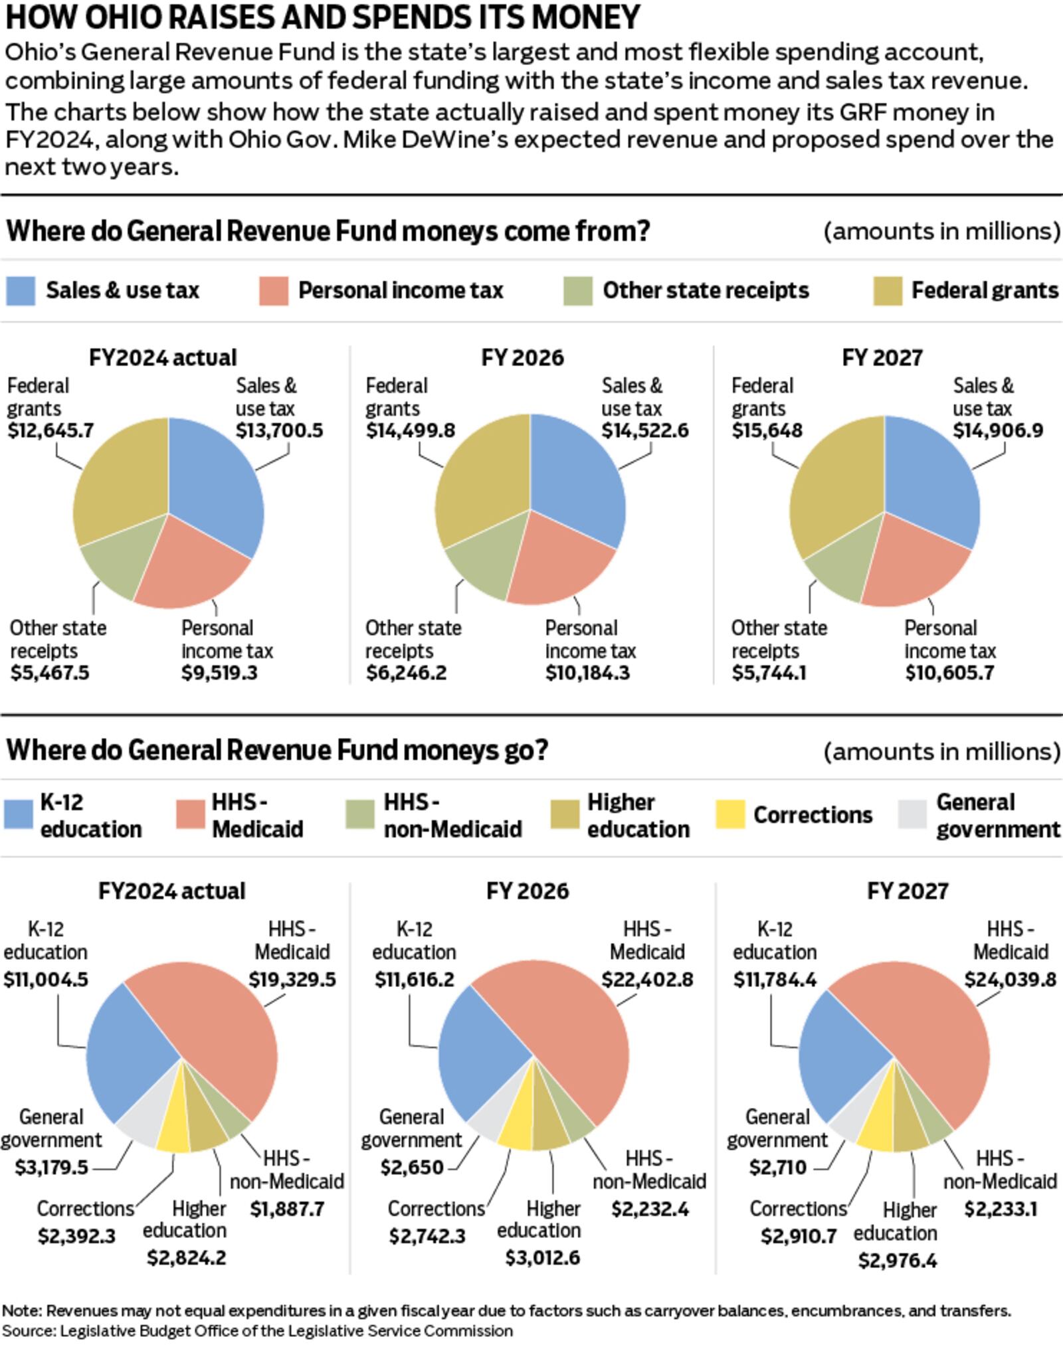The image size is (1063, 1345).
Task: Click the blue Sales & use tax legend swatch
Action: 20,291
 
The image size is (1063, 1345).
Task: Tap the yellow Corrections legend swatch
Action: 730,814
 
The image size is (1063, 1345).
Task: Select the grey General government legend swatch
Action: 912,814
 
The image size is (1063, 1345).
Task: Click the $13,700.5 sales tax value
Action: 279,430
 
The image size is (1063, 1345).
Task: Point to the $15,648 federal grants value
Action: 767,430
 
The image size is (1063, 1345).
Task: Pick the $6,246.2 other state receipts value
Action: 406,673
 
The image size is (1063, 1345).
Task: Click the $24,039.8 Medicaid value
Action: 1010,980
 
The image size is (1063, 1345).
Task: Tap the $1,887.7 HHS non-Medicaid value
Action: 287,1209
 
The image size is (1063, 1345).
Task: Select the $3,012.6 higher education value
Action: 542,1257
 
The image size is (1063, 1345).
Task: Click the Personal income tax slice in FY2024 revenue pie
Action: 193,571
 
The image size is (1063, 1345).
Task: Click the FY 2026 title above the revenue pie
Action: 522,358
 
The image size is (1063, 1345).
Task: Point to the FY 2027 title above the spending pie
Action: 908,891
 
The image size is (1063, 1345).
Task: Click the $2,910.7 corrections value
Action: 798,1236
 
